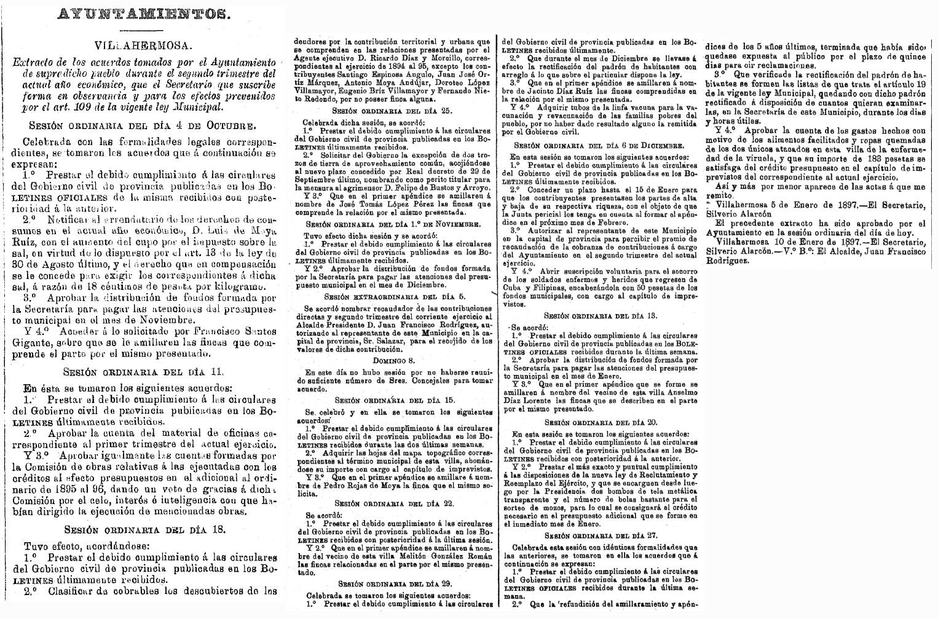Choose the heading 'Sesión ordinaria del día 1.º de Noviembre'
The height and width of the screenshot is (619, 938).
[x=393, y=224]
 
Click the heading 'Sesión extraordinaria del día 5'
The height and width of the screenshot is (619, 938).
[x=393, y=296]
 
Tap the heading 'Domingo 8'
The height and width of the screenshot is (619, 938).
[x=393, y=361]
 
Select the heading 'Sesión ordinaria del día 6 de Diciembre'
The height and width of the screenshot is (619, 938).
[x=598, y=145]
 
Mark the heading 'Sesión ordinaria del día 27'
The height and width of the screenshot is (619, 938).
[x=598, y=535]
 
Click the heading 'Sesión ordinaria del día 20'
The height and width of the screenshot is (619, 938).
[x=598, y=422]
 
